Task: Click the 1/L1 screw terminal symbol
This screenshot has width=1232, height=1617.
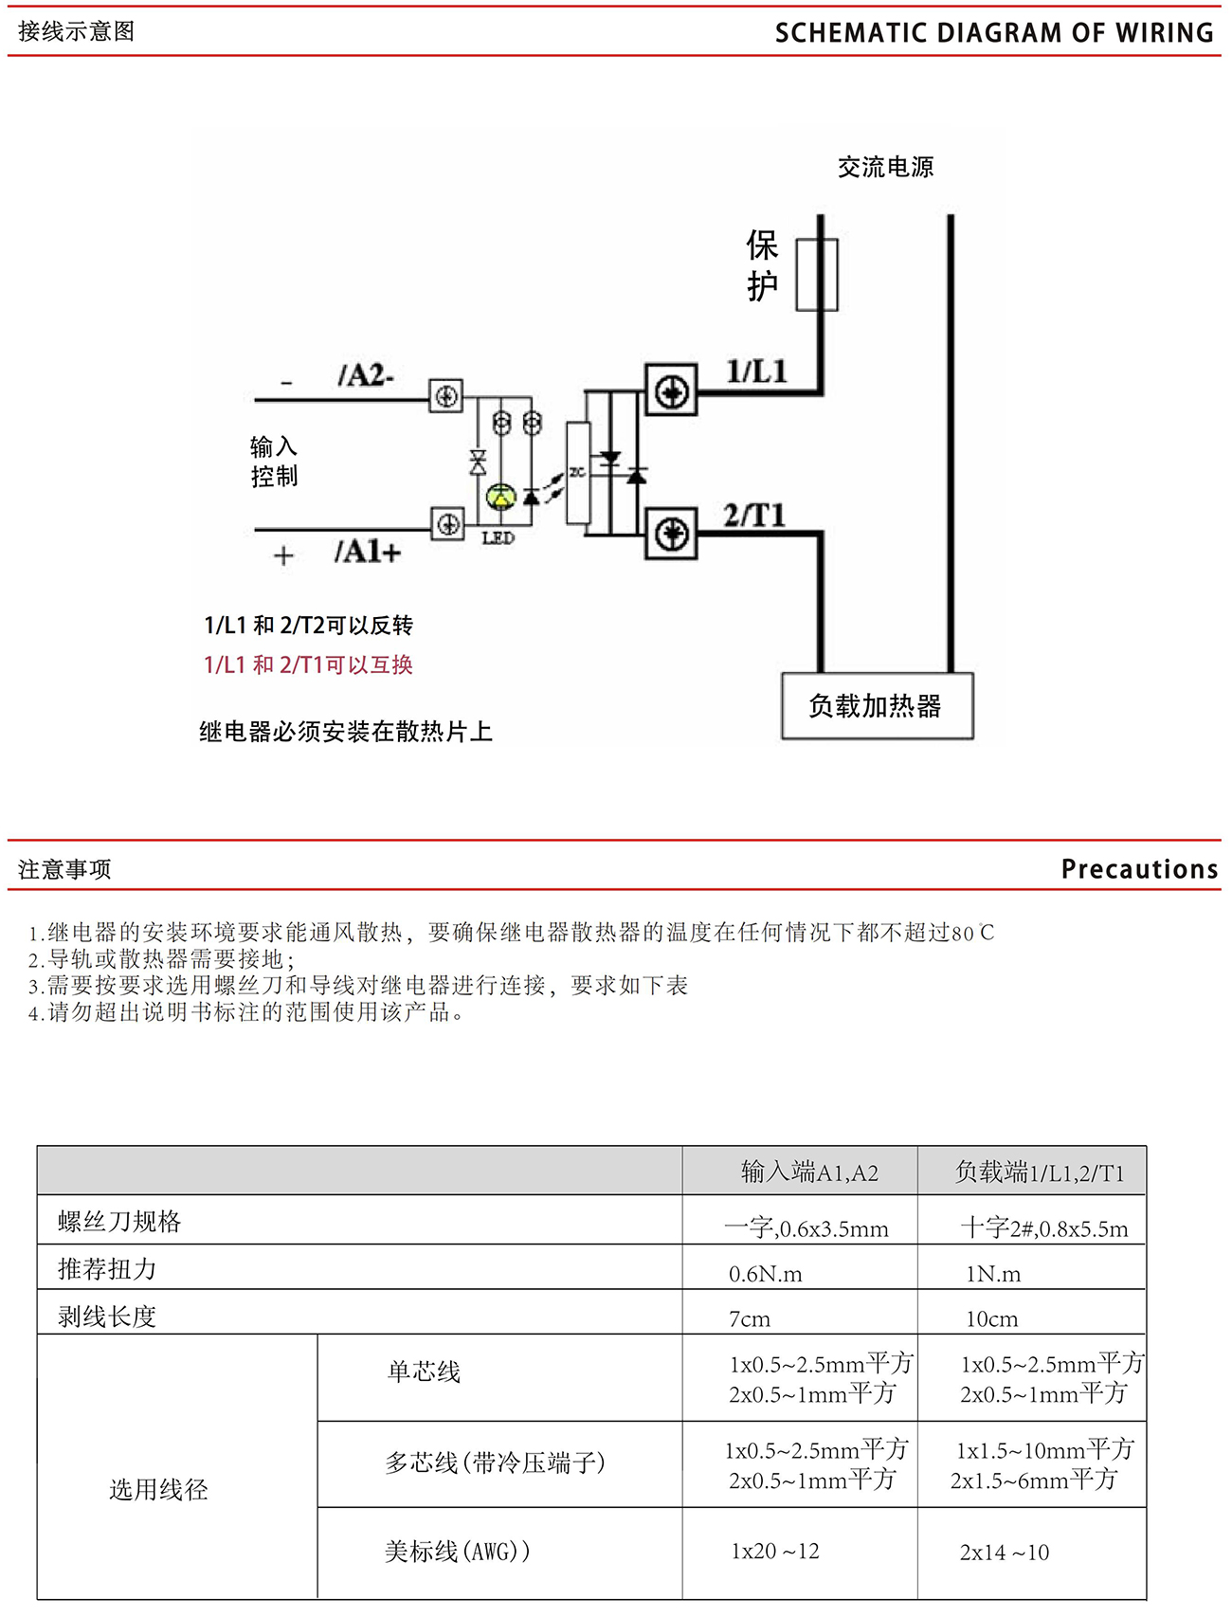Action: coord(671,391)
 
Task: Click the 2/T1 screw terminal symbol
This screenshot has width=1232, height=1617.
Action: coord(672,534)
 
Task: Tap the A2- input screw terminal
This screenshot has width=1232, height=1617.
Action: coord(446,395)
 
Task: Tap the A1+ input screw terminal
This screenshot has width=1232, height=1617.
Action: coord(447,523)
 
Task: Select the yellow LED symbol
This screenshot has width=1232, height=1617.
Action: coord(500,496)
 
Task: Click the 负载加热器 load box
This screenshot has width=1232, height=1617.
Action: coord(877,706)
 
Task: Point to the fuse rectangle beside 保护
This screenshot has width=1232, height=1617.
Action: coord(816,275)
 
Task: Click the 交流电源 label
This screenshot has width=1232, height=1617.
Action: coord(885,168)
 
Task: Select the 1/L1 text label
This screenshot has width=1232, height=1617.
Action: coord(756,372)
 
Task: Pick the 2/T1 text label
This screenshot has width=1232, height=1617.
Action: coord(754,516)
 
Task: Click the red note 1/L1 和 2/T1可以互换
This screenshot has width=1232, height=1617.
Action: coord(309,665)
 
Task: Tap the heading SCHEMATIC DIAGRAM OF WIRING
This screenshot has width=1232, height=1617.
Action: coord(993,33)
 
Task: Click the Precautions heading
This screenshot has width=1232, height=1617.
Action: coord(1138,869)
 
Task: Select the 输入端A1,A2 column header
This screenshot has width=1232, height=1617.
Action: coord(809,1172)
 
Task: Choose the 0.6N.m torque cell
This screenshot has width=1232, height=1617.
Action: coord(765,1274)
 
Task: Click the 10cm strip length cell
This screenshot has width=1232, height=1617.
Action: coord(991,1319)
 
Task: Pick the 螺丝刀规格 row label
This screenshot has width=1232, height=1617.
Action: coord(119,1222)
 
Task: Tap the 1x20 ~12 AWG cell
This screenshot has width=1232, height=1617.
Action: coord(774,1552)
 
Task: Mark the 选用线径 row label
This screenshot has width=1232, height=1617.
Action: coord(158,1490)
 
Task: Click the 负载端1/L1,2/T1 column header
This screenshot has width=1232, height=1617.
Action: coord(1039,1172)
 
